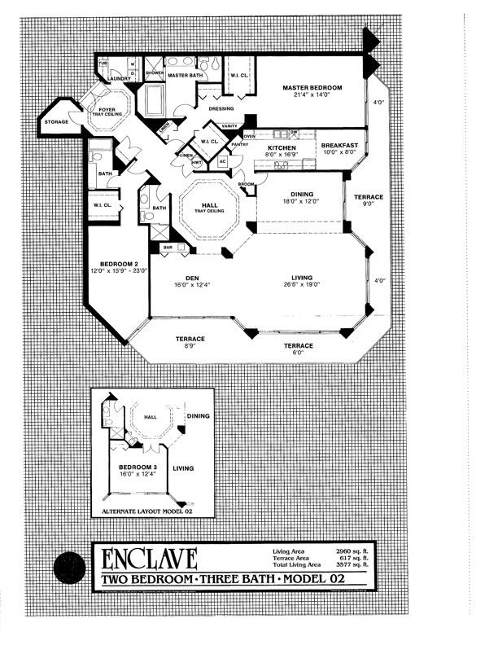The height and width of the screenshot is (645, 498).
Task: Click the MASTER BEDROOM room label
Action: (312, 87)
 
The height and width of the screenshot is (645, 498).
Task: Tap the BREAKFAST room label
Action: (340, 145)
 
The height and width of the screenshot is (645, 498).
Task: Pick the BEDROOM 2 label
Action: (113, 264)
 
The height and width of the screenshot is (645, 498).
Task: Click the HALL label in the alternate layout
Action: (151, 418)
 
